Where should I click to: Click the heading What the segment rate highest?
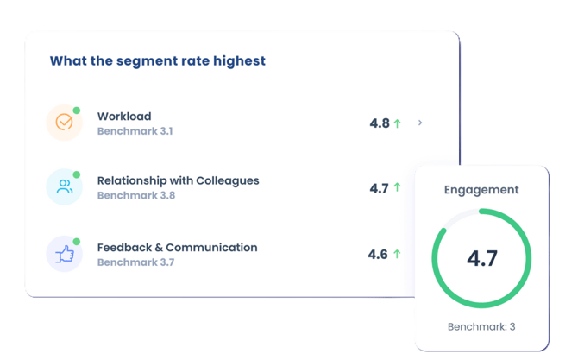[x=157, y=61]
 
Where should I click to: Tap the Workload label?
[x=124, y=117]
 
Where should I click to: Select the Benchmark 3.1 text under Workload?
[x=135, y=131]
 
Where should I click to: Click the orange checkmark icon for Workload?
[x=64, y=123]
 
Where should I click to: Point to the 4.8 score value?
[x=380, y=123]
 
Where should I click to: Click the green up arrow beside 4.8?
[x=398, y=123]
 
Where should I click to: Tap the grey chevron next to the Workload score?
[x=420, y=123]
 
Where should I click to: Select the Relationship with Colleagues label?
[x=178, y=181]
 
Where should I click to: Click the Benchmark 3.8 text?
[x=135, y=196]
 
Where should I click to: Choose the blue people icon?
[x=64, y=187]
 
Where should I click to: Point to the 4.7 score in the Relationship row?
[x=379, y=188]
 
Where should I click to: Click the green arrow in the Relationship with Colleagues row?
[x=398, y=187]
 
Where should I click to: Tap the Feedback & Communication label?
[x=177, y=248]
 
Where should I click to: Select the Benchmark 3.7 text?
[x=135, y=262]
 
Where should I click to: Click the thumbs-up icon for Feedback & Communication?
[x=64, y=254]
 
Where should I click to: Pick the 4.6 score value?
[x=378, y=255]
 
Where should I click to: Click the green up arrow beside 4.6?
[x=397, y=254]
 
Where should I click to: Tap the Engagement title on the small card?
[x=481, y=190]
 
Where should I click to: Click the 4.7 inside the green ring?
[x=481, y=258]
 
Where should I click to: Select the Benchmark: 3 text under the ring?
[x=481, y=327]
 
